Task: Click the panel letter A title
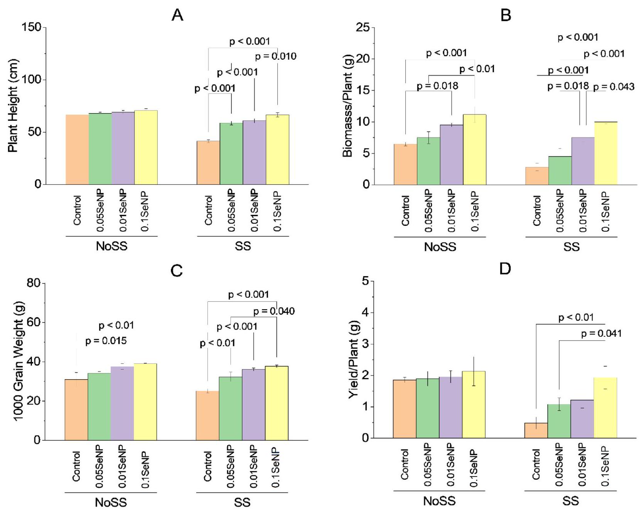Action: (x=177, y=15)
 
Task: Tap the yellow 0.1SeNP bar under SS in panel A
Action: (x=277, y=149)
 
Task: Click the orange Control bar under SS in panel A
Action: (x=208, y=163)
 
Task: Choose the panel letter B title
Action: (x=505, y=15)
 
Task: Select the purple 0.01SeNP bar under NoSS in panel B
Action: (x=451, y=154)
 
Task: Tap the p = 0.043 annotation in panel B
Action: (x=614, y=87)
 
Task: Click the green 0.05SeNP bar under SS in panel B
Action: (x=560, y=170)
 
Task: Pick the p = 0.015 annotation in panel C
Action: (x=106, y=341)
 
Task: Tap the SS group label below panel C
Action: (x=242, y=502)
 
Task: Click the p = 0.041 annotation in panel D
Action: (x=601, y=334)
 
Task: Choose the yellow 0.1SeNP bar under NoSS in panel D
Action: (x=474, y=404)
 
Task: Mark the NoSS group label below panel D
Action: (x=439, y=501)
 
